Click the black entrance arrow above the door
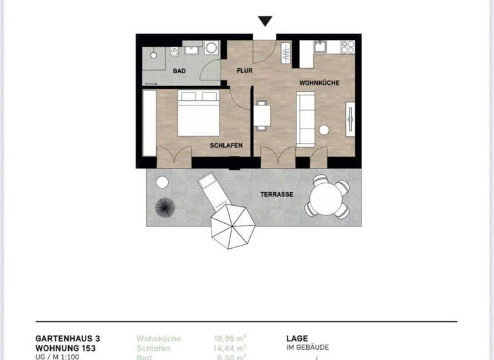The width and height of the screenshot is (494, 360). (x=264, y=21)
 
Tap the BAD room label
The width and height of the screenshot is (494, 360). (x=179, y=71)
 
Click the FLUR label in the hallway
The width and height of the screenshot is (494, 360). (x=244, y=71)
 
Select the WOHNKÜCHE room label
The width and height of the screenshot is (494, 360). (x=319, y=84)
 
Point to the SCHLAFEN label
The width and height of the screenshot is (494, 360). (x=226, y=145)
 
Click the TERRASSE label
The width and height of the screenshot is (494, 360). (x=277, y=194)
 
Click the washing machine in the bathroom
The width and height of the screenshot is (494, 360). (x=212, y=48)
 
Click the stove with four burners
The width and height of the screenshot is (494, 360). (x=347, y=47)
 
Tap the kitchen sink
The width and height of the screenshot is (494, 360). (x=320, y=47)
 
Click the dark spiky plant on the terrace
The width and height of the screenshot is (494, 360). (x=165, y=208)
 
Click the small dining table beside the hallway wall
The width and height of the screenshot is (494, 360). (x=262, y=115)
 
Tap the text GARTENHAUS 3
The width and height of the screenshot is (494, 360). (x=68, y=338)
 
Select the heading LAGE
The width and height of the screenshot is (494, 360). (x=297, y=338)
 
